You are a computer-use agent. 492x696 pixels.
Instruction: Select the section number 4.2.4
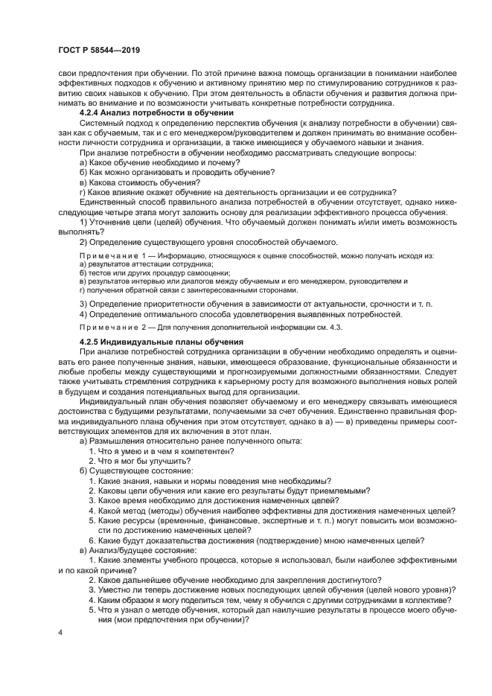click(x=92, y=112)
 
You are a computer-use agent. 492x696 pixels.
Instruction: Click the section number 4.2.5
click(x=92, y=341)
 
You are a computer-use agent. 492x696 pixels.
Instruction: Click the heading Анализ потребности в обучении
click(x=160, y=112)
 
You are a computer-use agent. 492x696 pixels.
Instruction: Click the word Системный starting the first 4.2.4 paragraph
click(x=103, y=122)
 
